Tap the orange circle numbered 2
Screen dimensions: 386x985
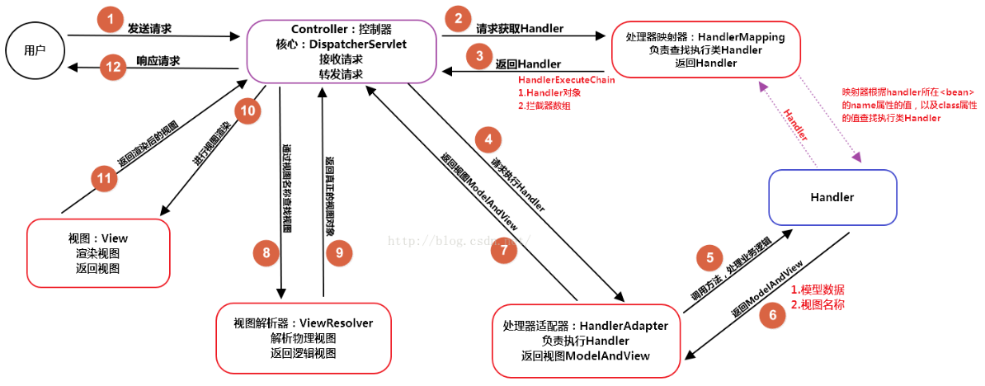(457, 18)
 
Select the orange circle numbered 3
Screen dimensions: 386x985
(477, 57)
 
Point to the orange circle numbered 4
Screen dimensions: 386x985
(490, 140)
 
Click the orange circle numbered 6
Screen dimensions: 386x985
(772, 315)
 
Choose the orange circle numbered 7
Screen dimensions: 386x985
(503, 252)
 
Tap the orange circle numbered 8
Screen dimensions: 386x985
(266, 253)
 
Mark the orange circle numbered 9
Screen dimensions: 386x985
(338, 253)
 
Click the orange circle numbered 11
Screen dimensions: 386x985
(104, 179)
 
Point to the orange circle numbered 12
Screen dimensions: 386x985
(111, 67)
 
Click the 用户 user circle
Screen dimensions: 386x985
(35, 50)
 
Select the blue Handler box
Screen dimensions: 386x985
(832, 197)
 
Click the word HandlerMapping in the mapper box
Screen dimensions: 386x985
(742, 37)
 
